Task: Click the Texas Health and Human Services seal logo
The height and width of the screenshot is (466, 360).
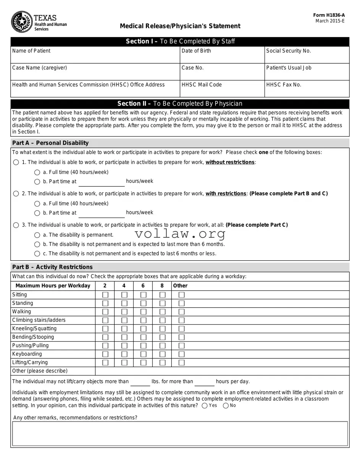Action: pyautogui.click(x=22, y=22)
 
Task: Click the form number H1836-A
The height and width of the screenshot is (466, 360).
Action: pyautogui.click(x=329, y=15)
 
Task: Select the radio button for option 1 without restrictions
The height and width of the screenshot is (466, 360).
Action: pyautogui.click(x=16, y=162)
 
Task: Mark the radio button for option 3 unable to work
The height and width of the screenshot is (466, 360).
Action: pyautogui.click(x=16, y=225)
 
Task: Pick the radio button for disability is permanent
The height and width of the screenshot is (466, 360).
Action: pyautogui.click(x=37, y=235)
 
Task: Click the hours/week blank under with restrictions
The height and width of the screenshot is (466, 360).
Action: pyautogui.click(x=101, y=213)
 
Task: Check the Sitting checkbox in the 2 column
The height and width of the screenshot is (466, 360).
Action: pyautogui.click(x=105, y=295)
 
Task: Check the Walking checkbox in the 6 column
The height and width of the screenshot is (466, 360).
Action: pyautogui.click(x=144, y=312)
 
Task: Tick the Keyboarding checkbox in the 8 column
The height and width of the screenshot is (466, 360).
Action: pyautogui.click(x=163, y=354)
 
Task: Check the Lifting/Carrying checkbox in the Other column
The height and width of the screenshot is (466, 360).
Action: pyautogui.click(x=182, y=363)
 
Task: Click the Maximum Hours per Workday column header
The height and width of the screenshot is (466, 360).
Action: pyautogui.click(x=53, y=286)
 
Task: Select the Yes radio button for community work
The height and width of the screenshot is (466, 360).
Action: pyautogui.click(x=205, y=406)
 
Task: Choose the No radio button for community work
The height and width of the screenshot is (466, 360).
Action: pyautogui.click(x=226, y=406)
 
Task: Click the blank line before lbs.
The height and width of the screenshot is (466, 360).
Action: pyautogui.click(x=140, y=382)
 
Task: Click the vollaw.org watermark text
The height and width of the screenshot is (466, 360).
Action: pyautogui.click(x=180, y=234)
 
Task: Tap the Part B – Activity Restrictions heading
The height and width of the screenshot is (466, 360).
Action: pyautogui.click(x=52, y=267)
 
